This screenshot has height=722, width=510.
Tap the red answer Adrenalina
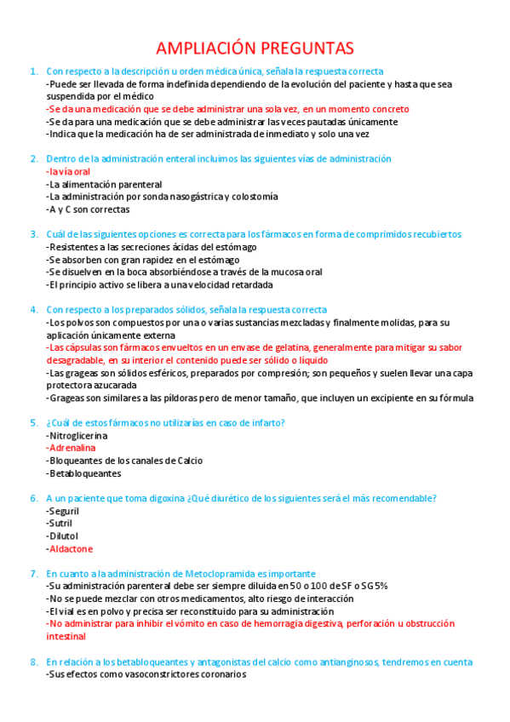coord(72,447)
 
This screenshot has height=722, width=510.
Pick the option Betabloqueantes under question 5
coord(84,473)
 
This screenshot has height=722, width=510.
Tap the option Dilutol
coord(63,536)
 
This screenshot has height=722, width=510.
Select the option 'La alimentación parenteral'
coord(105,184)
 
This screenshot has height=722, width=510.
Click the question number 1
coord(32,72)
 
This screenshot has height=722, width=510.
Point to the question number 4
coord(32,310)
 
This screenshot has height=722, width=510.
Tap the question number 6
coord(32,498)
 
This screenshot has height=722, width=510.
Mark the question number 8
coord(32,662)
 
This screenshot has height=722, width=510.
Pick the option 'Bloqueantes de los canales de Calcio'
coord(125,460)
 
